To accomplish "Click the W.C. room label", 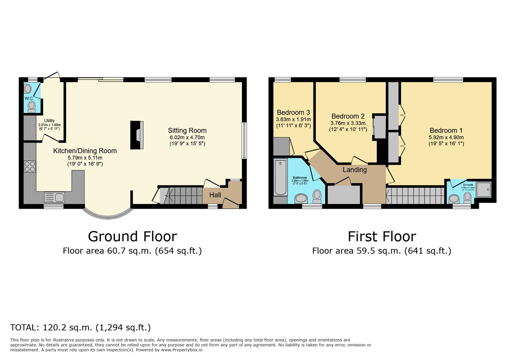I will (x=29, y=99).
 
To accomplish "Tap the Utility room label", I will (x=49, y=121).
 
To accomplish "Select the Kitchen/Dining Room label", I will (x=85, y=151).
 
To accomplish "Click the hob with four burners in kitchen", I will (x=30, y=166).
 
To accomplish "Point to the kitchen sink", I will (x=54, y=197).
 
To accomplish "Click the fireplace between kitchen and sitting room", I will (x=137, y=135).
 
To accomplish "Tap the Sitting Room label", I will (x=187, y=131).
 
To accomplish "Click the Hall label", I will (x=215, y=195).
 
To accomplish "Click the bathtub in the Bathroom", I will (x=280, y=177).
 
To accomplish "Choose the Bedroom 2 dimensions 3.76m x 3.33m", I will (x=348, y=123).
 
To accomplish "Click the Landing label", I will (x=355, y=170).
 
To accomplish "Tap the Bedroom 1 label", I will (x=446, y=131).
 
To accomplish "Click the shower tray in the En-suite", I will (x=484, y=189).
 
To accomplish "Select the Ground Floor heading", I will (x=132, y=236).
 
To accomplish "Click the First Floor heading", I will (x=382, y=236).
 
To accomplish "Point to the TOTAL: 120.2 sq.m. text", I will (x=80, y=327).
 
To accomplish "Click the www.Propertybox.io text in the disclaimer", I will (x=181, y=350).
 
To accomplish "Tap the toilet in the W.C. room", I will (x=32, y=106).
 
